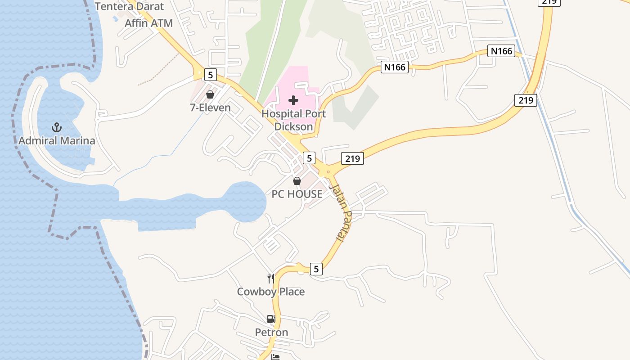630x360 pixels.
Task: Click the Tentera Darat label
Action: [x=130, y=6]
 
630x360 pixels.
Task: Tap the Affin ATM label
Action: [x=148, y=23]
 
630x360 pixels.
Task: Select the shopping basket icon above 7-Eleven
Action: [x=210, y=94]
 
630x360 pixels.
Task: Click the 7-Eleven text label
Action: [x=210, y=108]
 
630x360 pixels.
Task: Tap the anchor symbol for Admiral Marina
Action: [x=57, y=127]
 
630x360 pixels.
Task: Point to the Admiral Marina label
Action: [x=57, y=141]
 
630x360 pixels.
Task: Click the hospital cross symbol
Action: [x=293, y=100]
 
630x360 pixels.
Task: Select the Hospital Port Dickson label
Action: [x=293, y=120]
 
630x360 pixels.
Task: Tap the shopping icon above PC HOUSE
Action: [x=297, y=181]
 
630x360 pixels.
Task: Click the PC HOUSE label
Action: [x=297, y=194]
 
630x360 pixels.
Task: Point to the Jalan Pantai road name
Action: [x=341, y=211]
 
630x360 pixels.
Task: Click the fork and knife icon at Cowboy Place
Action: [x=271, y=279]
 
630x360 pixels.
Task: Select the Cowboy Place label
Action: [x=271, y=292]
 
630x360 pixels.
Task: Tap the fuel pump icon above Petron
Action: [x=271, y=319]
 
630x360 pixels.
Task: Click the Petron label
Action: [x=271, y=333]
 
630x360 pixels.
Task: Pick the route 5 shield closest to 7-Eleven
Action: [x=210, y=74]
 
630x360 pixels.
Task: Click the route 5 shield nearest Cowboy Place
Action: [x=316, y=269]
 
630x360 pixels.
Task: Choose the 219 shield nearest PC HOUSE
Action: [x=352, y=158]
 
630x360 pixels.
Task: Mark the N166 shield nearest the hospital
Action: [x=395, y=67]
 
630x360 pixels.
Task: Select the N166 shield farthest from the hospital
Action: [x=501, y=51]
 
